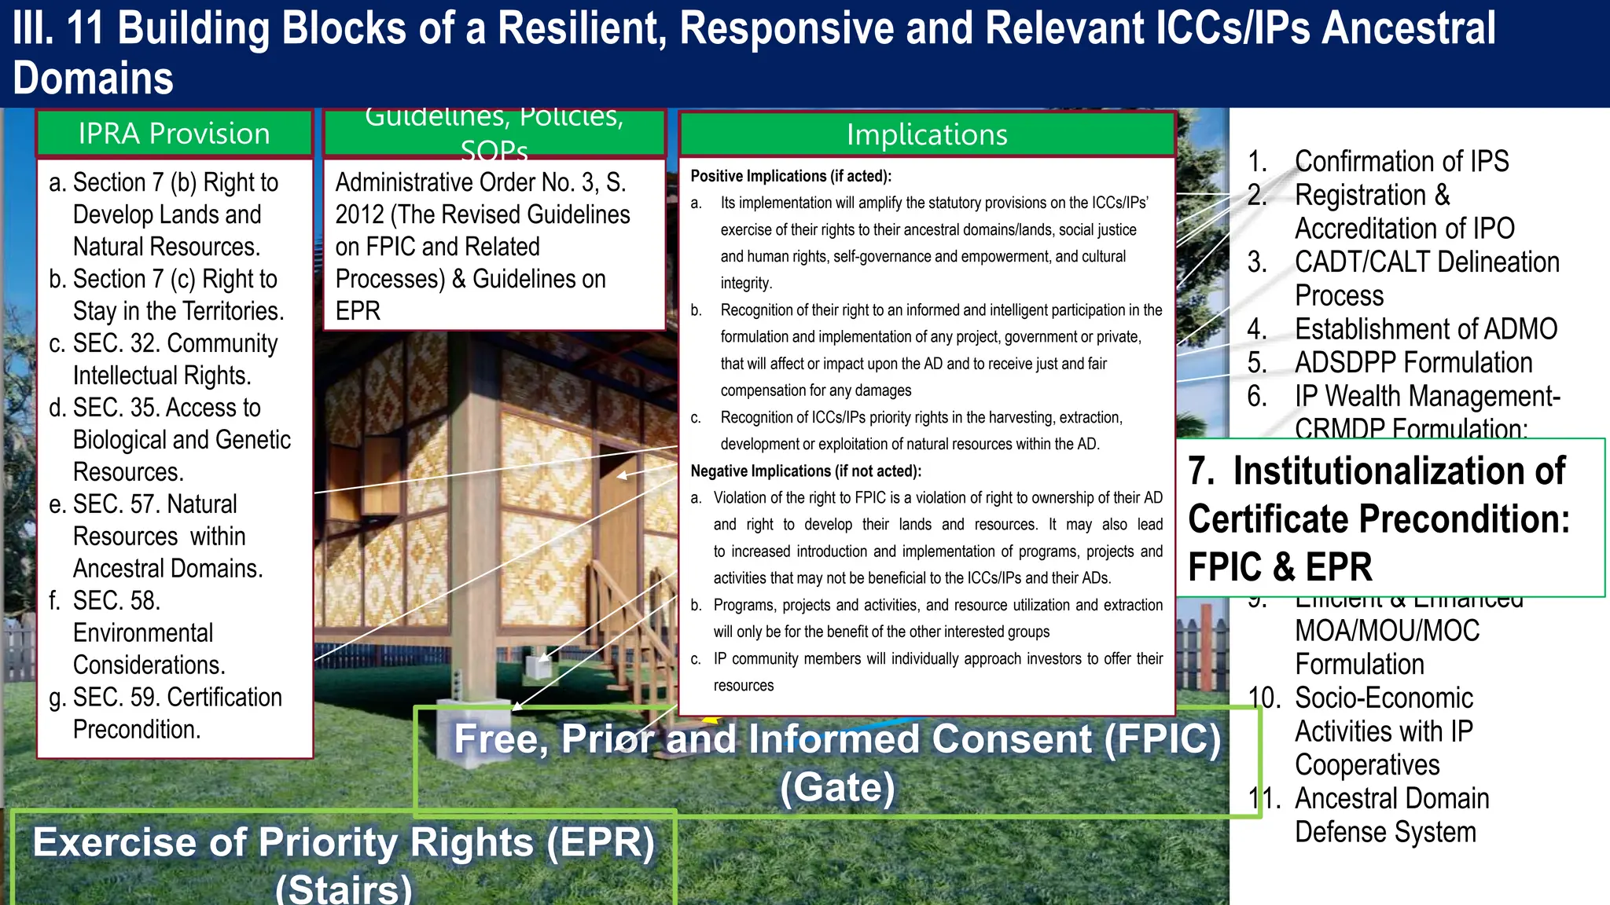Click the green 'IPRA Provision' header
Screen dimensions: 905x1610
pos(174,134)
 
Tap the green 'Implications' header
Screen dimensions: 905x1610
pos(926,134)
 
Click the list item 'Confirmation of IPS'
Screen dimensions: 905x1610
pos(1401,161)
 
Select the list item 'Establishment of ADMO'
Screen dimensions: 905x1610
pos(1425,328)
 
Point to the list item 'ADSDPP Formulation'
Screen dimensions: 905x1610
pos(1413,362)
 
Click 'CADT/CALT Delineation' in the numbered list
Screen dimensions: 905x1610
pos(1426,262)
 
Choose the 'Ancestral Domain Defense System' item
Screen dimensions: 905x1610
pos(1391,815)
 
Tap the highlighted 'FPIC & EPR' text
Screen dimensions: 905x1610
pos(1280,566)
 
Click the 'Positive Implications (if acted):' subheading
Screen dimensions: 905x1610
pos(790,176)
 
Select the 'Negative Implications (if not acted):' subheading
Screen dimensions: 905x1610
pos(805,471)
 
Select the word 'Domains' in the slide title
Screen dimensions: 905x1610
pos(93,79)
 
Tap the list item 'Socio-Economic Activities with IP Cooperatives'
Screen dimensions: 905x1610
pos(1383,731)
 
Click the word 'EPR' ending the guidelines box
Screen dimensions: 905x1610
pos(358,311)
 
